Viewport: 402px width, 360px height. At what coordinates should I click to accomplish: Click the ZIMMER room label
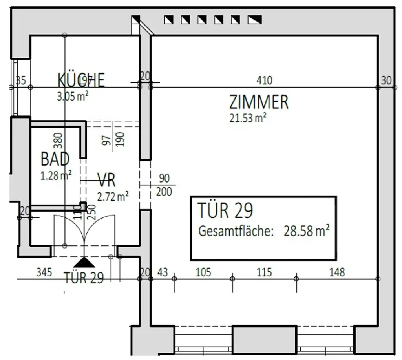point(259,102)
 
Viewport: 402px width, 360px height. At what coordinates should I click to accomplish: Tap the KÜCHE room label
point(81,80)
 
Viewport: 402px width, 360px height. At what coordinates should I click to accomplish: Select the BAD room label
point(55,159)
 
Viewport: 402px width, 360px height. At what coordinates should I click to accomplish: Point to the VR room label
point(106,181)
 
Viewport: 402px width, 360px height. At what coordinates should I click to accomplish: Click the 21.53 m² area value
point(248,118)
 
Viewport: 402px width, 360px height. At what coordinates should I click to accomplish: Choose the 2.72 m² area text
point(113,196)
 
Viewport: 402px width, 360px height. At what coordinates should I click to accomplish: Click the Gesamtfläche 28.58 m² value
point(306,231)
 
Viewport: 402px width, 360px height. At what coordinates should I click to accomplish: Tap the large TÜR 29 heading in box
point(225,210)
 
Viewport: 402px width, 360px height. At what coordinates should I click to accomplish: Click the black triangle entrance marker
point(84,262)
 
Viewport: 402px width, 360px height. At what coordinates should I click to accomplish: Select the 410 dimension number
point(264,80)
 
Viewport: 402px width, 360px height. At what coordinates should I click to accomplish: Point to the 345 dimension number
point(44,272)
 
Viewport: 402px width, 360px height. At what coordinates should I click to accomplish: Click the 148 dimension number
point(337,272)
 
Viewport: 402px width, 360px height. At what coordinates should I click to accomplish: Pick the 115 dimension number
point(264,272)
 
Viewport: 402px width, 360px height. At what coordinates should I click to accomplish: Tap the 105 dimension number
point(203,272)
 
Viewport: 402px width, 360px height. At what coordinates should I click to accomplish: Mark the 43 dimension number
point(163,272)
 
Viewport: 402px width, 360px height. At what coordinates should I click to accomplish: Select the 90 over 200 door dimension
point(164,185)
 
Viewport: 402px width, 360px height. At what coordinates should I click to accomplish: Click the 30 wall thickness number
point(386,80)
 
